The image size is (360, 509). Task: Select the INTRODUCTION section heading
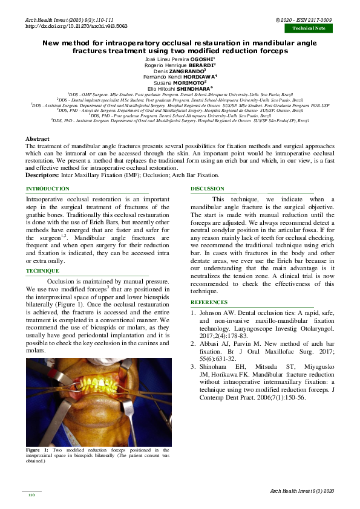[47, 189]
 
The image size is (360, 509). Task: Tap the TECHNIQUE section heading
[42, 271]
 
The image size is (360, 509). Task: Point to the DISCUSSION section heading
[208, 189]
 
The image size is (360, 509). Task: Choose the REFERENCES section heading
[209, 302]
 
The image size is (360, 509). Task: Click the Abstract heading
[38, 139]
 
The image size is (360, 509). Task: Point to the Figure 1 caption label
[37, 450]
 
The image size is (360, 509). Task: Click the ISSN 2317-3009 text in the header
[319, 20]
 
